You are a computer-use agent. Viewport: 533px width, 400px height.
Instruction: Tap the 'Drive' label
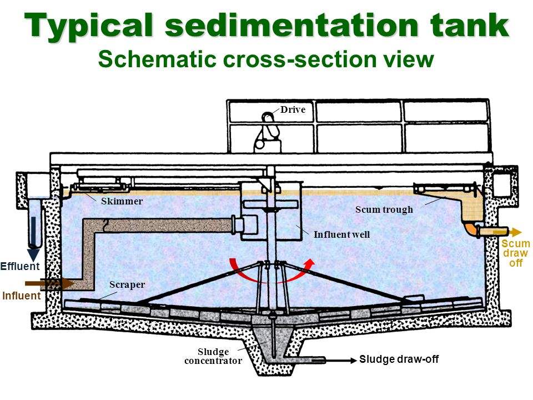pos(293,110)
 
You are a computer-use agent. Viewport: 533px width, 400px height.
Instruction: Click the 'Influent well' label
pos(341,234)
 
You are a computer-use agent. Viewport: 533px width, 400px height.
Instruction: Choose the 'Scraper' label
pos(127,284)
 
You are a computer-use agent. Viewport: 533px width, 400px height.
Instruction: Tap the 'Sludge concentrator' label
pos(213,356)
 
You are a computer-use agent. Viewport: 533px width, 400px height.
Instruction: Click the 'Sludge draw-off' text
pos(399,359)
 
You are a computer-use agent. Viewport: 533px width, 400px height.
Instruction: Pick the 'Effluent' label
pos(20,267)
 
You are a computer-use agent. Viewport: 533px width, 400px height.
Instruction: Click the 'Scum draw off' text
pos(516,254)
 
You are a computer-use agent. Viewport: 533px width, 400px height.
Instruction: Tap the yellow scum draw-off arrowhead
pos(516,232)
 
